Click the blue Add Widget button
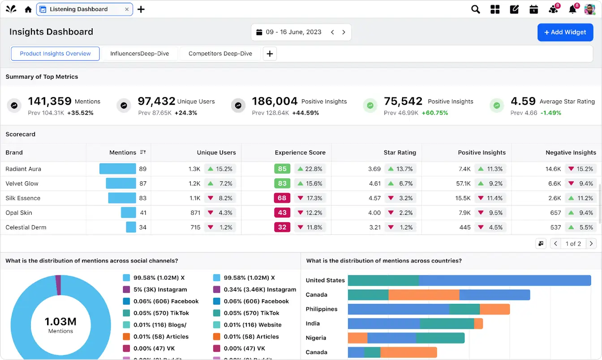(565, 32)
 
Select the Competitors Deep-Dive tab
(220, 54)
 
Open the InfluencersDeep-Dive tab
(139, 54)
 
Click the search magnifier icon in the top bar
(475, 9)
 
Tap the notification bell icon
(572, 9)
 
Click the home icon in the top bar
(28, 9)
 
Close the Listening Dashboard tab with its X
(127, 9)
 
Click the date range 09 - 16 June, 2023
(293, 32)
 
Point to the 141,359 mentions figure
(50, 101)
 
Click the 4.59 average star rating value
(523, 101)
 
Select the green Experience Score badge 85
(282, 169)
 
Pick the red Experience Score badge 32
(282, 227)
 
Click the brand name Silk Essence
(23, 198)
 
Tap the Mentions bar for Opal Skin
(129, 213)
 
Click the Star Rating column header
(400, 153)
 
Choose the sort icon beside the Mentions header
(143, 152)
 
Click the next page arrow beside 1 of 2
(591, 244)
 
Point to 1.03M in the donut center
(60, 321)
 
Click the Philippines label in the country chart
(321, 309)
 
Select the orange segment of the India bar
(478, 324)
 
